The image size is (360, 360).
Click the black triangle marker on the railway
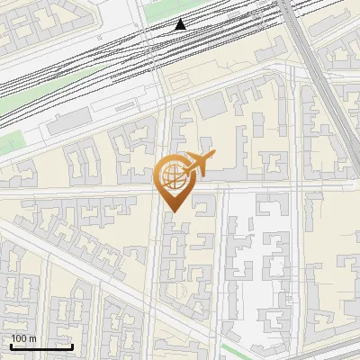pos(181,24)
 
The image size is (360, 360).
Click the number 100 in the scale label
pos(19,338)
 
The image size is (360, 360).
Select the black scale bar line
pos(41,346)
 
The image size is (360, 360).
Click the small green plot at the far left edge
pos(11,141)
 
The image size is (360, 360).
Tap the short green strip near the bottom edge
pos(236,350)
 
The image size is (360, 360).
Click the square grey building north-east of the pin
pos(213,105)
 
